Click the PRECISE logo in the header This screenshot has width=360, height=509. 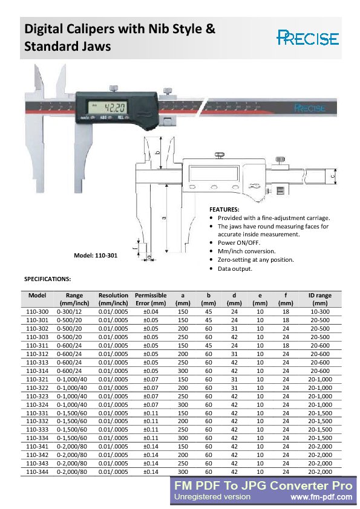pyautogui.click(x=307, y=38)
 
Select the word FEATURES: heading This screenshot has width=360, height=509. pyautogui.click(x=224, y=209)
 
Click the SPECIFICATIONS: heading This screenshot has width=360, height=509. pyautogui.click(x=47, y=279)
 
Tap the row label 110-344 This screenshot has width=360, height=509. pyautogui.click(x=38, y=471)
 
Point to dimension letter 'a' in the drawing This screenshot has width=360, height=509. pyautogui.click(x=164, y=218)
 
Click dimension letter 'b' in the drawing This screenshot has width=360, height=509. pyautogui.click(x=158, y=153)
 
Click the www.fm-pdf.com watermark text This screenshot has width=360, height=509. pyautogui.click(x=321, y=497)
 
